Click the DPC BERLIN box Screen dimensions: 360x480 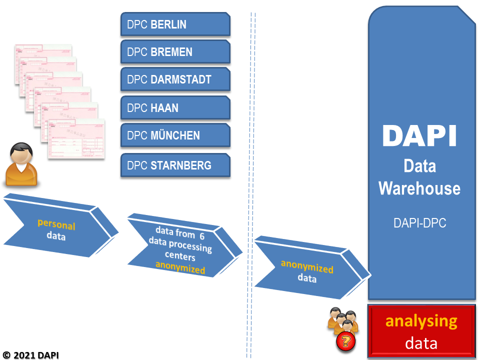click(175, 24)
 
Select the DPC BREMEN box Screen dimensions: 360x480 click(175, 52)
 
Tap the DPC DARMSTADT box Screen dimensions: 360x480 click(175, 79)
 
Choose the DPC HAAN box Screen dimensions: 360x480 click(175, 108)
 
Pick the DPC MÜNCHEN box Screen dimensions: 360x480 click(175, 135)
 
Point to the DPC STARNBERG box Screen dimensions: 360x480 click(175, 165)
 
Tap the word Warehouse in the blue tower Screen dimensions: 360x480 click(419, 188)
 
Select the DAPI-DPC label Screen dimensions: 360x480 click(419, 223)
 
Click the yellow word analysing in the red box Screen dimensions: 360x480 click(421, 321)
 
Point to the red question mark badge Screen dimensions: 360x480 click(344, 342)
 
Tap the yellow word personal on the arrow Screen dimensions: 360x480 click(56, 225)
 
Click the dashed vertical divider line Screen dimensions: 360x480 click(251, 150)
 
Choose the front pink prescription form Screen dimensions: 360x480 click(76, 139)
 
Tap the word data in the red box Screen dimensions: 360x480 click(421, 343)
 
